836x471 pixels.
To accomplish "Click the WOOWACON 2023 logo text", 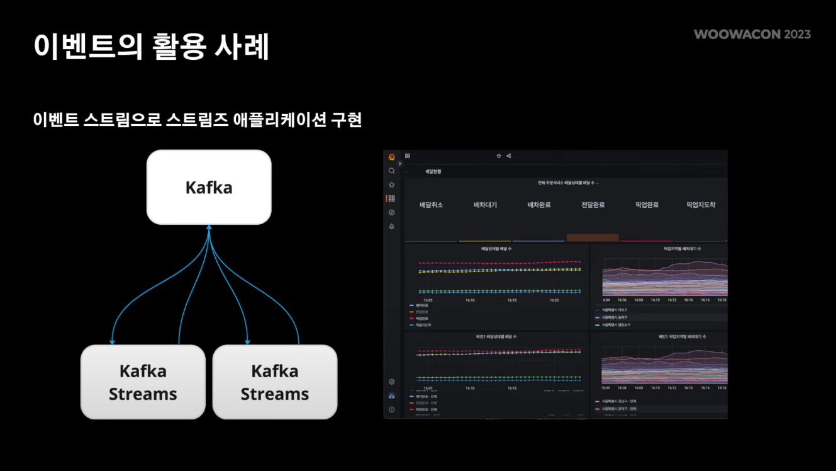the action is pyautogui.click(x=752, y=34).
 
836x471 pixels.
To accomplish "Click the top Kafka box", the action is pyautogui.click(x=209, y=187).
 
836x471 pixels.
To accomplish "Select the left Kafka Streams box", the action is pyautogui.click(x=143, y=382).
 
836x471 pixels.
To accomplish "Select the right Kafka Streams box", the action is pyautogui.click(x=275, y=382).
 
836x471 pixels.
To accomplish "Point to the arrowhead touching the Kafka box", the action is pyautogui.click(x=209, y=227).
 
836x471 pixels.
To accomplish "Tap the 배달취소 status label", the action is pyautogui.click(x=432, y=205).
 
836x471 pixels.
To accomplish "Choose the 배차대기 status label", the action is pyautogui.click(x=485, y=205).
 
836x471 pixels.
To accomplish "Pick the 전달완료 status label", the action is pyautogui.click(x=593, y=205).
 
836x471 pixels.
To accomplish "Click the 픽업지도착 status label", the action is pyautogui.click(x=701, y=205).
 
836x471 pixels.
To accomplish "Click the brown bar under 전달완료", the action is pyautogui.click(x=593, y=237).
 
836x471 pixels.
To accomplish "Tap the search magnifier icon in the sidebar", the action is pyautogui.click(x=392, y=171).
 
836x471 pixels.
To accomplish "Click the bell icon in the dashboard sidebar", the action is pyautogui.click(x=392, y=226).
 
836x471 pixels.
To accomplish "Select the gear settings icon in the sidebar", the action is pyautogui.click(x=392, y=382).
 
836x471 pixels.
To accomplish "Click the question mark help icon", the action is pyautogui.click(x=392, y=409).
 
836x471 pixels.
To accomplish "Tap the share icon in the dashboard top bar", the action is pyautogui.click(x=509, y=156).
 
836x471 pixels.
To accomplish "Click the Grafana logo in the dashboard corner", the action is pyautogui.click(x=392, y=157).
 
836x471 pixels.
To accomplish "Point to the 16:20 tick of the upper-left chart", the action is pyautogui.click(x=554, y=300).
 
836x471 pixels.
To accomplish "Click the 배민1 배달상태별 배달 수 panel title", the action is pyautogui.click(x=496, y=337).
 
